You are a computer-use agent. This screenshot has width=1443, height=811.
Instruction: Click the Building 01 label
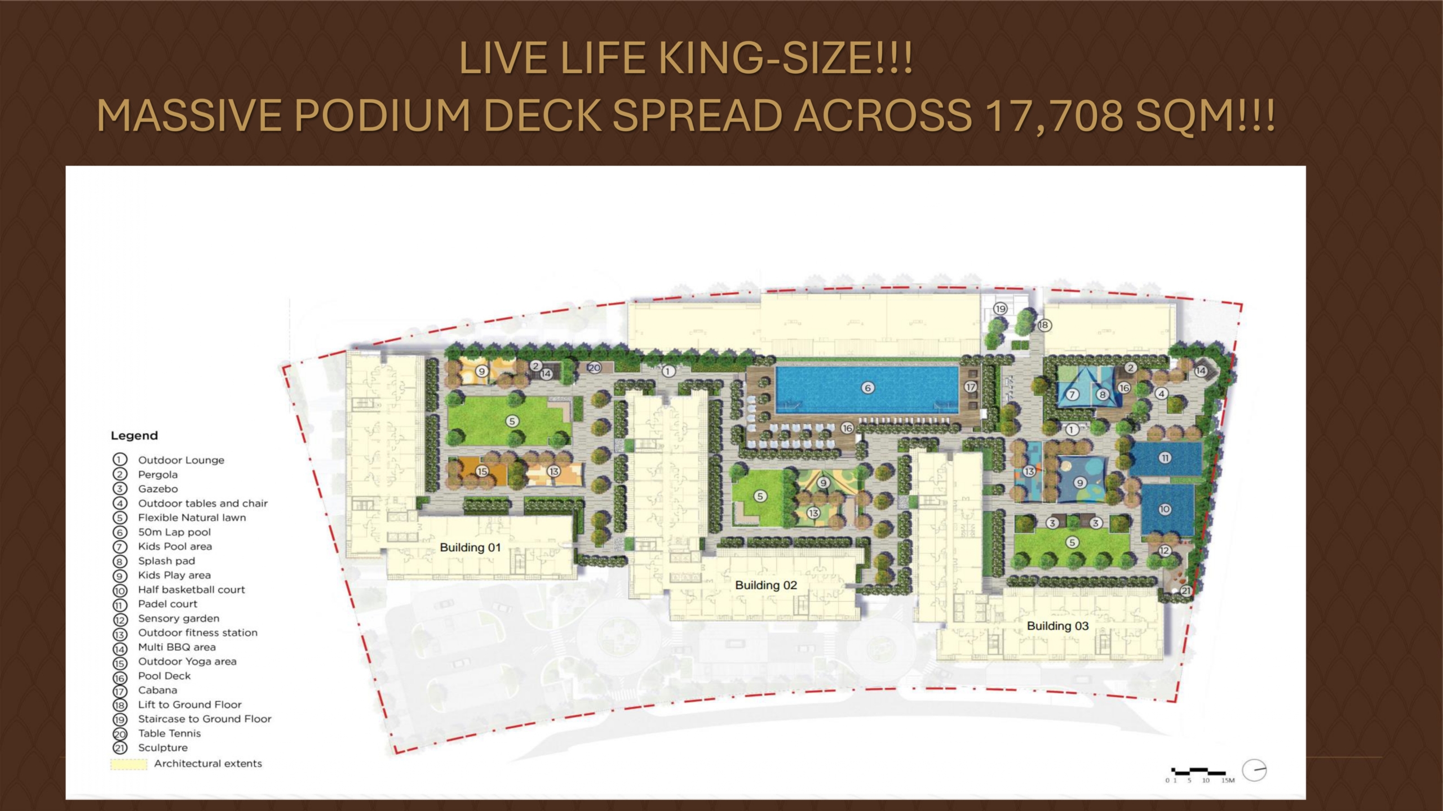point(470,547)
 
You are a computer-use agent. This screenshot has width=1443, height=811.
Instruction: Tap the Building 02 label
point(766,585)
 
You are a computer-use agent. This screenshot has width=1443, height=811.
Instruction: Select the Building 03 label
point(1057,626)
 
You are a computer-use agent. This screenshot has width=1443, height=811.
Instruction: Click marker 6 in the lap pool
point(867,387)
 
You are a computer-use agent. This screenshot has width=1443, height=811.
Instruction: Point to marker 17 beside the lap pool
point(970,387)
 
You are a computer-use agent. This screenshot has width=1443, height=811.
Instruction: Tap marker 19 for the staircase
point(1001,309)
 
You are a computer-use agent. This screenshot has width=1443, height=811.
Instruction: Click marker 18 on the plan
point(1044,325)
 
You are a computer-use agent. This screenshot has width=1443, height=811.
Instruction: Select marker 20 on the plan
point(594,368)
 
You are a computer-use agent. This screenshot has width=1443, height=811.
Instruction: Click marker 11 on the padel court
point(1165,458)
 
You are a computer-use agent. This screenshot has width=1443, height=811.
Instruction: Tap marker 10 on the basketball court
point(1165,509)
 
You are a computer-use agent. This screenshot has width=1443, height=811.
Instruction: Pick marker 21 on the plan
point(1186,591)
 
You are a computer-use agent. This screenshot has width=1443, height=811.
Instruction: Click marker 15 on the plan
point(482,471)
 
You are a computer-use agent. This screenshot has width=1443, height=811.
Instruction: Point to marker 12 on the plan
point(1165,550)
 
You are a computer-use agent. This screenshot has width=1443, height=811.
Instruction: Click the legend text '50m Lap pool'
point(175,532)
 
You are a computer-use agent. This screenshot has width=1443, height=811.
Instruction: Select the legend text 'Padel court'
point(168,604)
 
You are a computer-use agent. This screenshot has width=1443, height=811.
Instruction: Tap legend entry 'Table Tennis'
point(170,733)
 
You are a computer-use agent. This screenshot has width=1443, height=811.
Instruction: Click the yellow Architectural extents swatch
point(129,764)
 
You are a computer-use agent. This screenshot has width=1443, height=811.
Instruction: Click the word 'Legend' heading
point(134,435)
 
